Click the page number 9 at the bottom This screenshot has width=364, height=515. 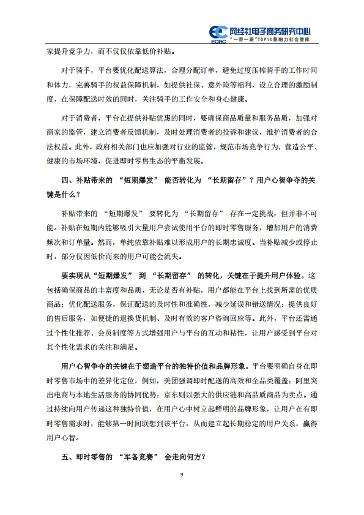[x=182, y=476]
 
